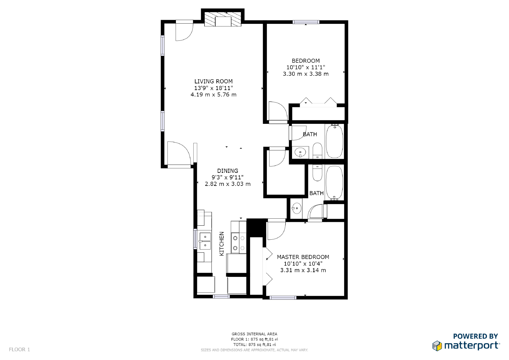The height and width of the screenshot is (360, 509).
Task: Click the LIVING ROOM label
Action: point(213,81)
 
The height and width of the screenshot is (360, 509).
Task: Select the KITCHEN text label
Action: point(222,244)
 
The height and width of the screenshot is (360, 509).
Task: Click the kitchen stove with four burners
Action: point(239,243)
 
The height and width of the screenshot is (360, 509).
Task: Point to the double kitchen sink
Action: point(205,241)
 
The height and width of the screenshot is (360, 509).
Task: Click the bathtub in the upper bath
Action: point(334,141)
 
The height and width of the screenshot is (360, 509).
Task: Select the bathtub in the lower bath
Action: point(334,182)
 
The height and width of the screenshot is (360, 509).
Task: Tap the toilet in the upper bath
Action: point(317,151)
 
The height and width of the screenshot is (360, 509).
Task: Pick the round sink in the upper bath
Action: point(300,153)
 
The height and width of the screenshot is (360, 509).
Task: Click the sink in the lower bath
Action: point(296,208)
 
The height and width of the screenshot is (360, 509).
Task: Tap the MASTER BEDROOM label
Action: point(303,257)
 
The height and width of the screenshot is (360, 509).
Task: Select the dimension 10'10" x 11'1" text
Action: point(305,67)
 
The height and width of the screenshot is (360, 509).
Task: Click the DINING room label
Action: point(227,171)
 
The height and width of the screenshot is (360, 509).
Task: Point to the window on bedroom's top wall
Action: point(306,22)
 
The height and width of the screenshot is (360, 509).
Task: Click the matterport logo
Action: point(466,345)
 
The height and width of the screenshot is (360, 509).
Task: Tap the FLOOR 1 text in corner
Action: point(19,349)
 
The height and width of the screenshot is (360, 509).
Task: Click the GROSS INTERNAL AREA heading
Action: point(254,334)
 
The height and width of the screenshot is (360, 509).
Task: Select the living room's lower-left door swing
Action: point(178,153)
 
